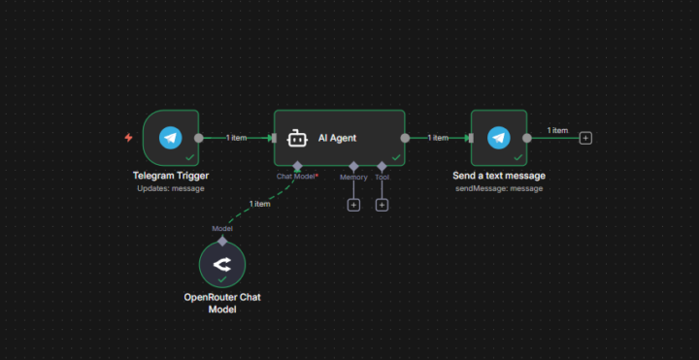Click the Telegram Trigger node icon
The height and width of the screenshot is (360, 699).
[171, 138]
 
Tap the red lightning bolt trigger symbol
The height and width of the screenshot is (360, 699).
[129, 138]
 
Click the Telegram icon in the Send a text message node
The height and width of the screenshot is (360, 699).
[499, 138]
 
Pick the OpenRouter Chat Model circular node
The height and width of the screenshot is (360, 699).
[222, 263]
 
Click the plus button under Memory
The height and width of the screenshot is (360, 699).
[353, 205]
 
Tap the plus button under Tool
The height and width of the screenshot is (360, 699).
[382, 205]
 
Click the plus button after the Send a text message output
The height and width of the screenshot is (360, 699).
[585, 138]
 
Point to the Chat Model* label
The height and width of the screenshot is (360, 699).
[297, 178]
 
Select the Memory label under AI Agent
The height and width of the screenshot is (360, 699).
[353, 178]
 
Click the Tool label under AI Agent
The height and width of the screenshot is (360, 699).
[382, 178]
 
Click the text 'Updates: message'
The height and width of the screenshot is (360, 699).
[171, 188]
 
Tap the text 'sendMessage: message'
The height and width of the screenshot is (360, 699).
[499, 188]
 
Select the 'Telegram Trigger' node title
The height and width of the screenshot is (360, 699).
[171, 176]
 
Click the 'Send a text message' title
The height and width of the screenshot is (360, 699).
[499, 176]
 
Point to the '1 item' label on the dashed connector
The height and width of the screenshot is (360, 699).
[259, 204]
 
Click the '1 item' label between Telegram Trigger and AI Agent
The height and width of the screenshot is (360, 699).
[236, 138]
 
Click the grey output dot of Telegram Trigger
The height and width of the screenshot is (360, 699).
[199, 138]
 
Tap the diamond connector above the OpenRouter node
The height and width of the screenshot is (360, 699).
[222, 240]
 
